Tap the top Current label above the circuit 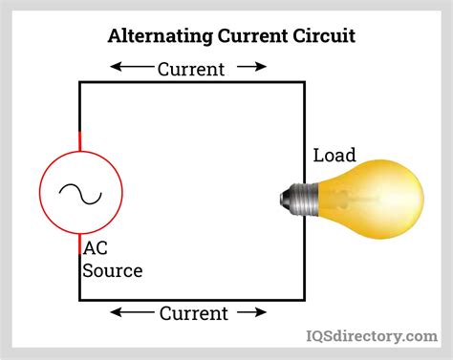coord(190,69)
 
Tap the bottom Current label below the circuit coord(193,313)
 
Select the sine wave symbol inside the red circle coord(80,194)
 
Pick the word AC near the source coord(96,248)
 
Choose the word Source coord(113,270)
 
